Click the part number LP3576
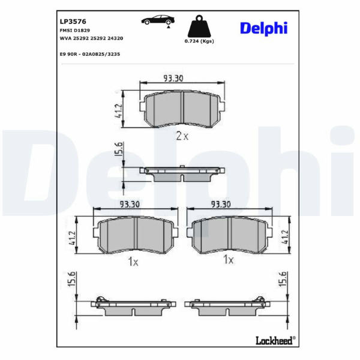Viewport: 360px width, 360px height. coord(73,22)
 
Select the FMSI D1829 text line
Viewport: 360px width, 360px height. coord(75,31)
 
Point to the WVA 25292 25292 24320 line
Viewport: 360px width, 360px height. coord(91,38)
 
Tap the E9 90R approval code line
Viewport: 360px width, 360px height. coord(90,55)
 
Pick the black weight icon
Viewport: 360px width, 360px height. coord(199,26)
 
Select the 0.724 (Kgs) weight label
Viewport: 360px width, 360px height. coord(199,41)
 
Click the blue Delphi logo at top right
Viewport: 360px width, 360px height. coord(263,28)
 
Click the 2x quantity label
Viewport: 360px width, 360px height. coord(182,136)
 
